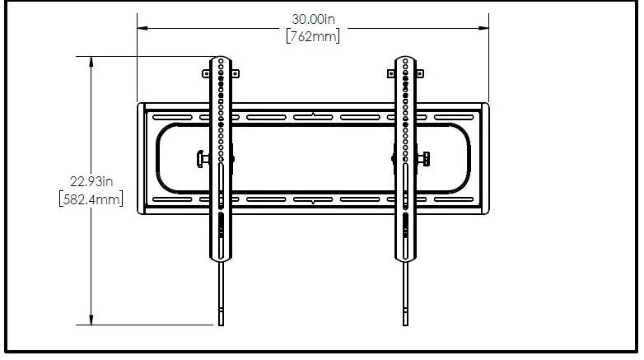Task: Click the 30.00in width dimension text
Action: [x=313, y=18]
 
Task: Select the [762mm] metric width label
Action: [x=313, y=36]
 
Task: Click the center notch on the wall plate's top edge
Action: [x=314, y=114]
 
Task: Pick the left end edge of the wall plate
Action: [x=140, y=157]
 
